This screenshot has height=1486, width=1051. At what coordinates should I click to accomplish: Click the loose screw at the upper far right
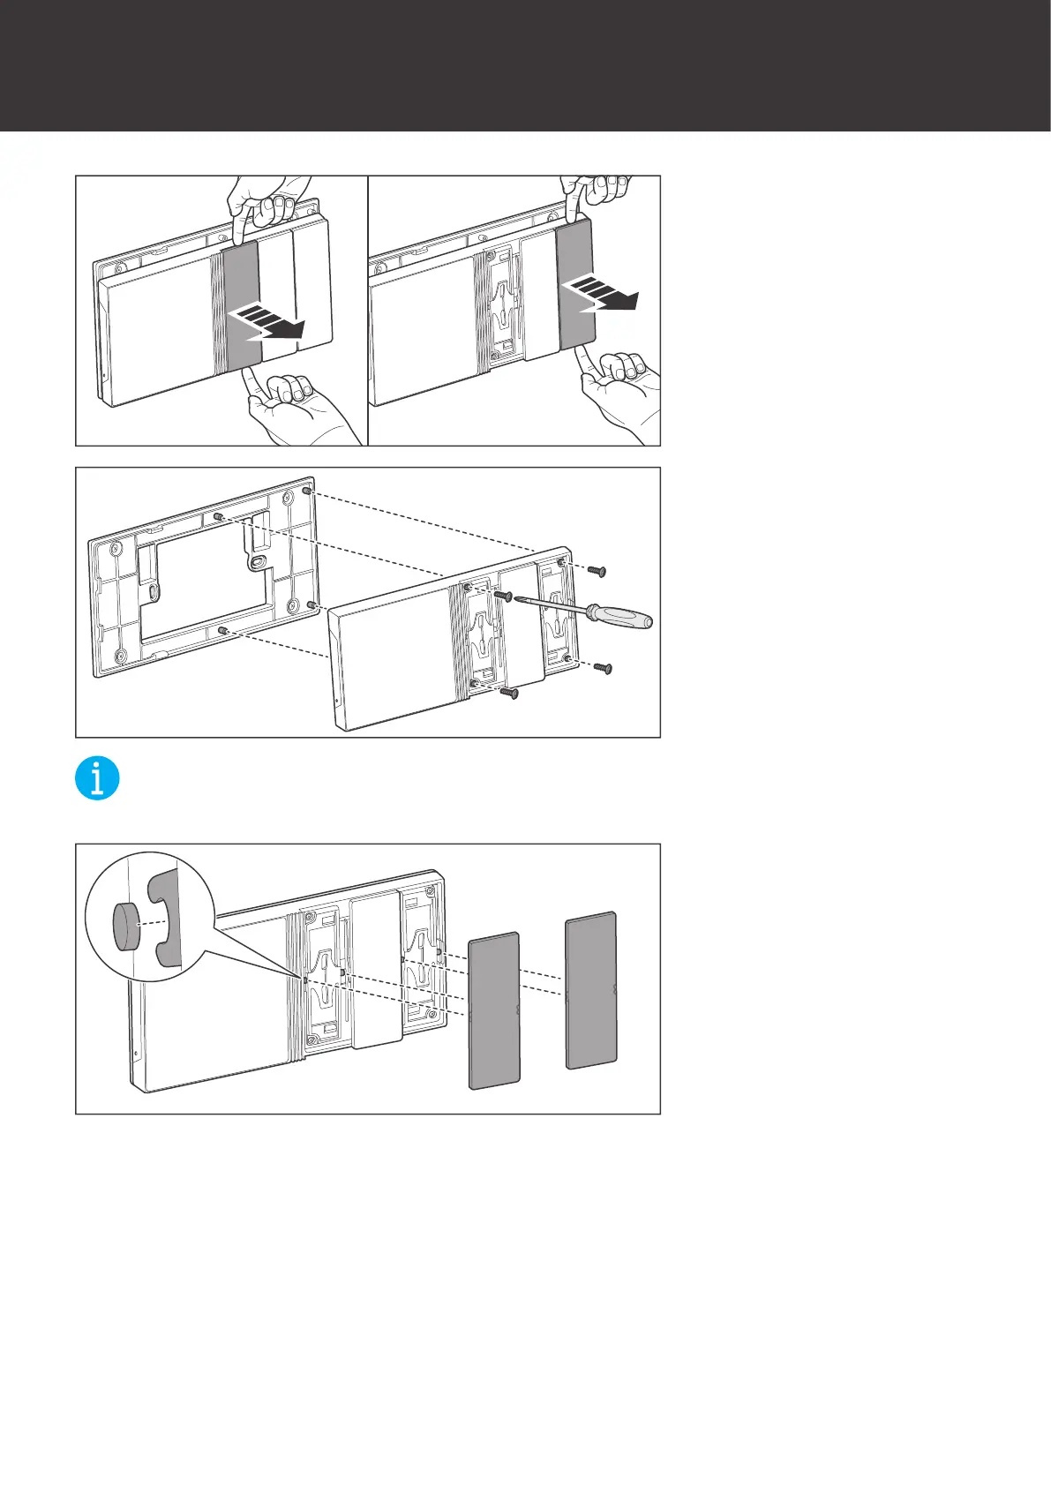pos(597,571)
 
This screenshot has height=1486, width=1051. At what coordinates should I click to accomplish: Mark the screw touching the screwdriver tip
pos(504,597)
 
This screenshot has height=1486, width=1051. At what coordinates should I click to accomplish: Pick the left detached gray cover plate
pos(494,1011)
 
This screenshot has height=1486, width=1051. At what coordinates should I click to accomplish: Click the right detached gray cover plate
pos(590,990)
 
